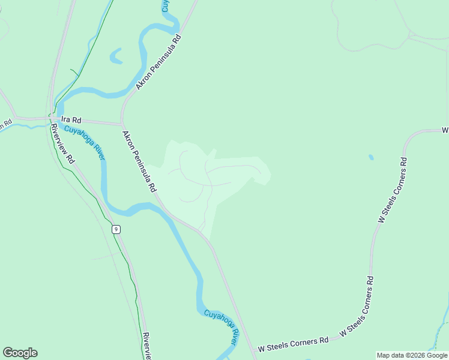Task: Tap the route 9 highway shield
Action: click(x=116, y=229)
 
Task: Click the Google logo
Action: click(x=20, y=353)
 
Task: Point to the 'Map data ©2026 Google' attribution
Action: click(x=412, y=355)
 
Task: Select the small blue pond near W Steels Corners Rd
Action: click(x=371, y=157)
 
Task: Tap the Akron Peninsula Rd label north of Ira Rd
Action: click(x=158, y=62)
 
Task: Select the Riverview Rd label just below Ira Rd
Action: click(x=62, y=145)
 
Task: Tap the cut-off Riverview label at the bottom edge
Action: click(x=146, y=346)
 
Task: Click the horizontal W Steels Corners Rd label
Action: click(x=294, y=344)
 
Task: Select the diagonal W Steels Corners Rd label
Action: click(x=357, y=307)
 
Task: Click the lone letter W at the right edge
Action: click(x=445, y=130)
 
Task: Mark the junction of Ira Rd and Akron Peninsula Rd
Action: click(x=122, y=124)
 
